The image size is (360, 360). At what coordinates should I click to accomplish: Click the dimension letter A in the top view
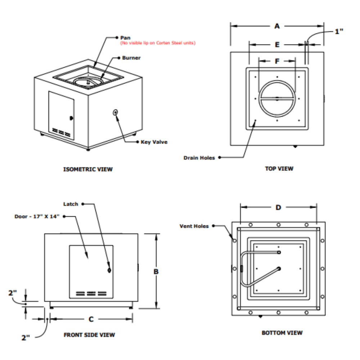277,26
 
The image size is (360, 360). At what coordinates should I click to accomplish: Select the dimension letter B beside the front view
156,271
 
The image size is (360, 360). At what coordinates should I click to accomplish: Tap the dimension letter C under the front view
91,319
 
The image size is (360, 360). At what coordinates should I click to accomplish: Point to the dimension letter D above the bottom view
278,207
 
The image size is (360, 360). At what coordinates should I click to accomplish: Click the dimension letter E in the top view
277,45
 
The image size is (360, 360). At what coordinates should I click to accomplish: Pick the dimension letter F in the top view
277,61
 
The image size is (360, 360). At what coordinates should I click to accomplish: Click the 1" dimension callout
339,31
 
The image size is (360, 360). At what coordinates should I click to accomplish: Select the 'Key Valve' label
154,142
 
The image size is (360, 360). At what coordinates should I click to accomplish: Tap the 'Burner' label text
131,58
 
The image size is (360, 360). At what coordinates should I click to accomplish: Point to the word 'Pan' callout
125,37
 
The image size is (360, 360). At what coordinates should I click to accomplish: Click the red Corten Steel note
158,43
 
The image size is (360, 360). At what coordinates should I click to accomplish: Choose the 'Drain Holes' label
199,158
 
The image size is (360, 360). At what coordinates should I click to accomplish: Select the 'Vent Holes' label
194,226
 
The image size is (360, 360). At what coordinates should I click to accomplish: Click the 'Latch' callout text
71,204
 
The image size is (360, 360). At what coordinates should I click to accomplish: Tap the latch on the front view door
109,270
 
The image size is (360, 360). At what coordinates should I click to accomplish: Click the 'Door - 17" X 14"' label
37,216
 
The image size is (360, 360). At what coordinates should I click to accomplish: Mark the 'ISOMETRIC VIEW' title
88,169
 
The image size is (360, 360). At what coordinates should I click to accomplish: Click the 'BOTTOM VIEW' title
282,333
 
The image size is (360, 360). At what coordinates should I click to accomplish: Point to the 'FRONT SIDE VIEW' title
89,335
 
